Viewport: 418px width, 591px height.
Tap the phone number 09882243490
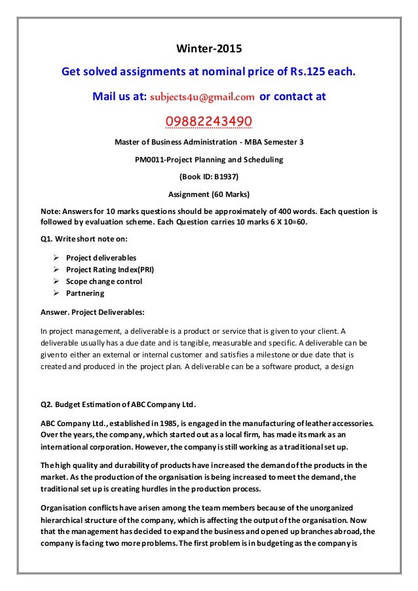click(209, 121)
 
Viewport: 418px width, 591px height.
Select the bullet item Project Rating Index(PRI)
click(109, 269)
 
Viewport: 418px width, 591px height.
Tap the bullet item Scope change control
click(103, 281)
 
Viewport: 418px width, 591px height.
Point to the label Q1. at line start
click(47, 239)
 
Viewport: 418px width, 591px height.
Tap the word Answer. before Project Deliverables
click(56, 312)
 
